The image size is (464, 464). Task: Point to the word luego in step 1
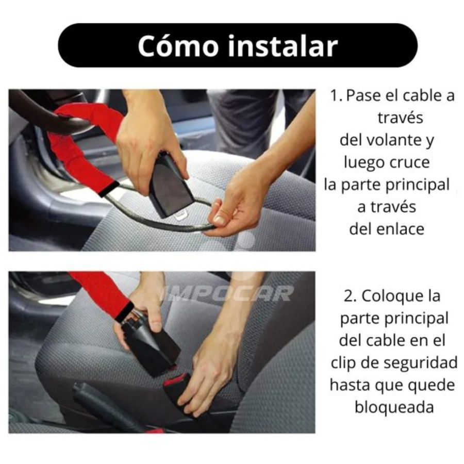364,162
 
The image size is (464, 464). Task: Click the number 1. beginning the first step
337,96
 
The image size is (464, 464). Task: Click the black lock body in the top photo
170,185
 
